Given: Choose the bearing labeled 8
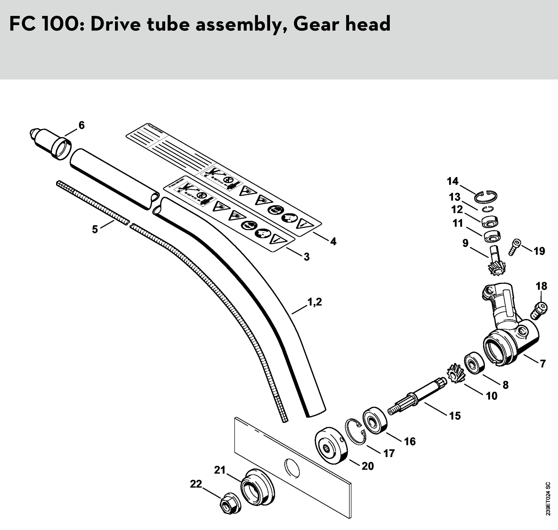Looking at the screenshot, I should click(474, 363).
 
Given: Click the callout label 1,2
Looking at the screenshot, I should click(314, 302).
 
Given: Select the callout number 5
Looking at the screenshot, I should click(95, 229).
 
